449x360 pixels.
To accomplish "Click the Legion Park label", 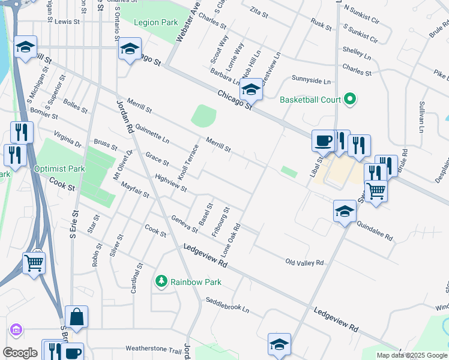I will tap(155, 23).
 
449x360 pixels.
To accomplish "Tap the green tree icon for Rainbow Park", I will tap(160, 281).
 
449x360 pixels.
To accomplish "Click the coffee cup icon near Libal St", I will tap(323, 140).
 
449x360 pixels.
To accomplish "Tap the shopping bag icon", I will tap(77, 317).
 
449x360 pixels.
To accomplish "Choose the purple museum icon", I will tap(16, 329).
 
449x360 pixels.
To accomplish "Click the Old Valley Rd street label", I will tap(304, 263).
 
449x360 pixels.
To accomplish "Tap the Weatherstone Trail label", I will tap(153, 349).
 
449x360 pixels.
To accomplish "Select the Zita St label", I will tap(259, 11).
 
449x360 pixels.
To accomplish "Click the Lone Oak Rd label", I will tap(232, 238).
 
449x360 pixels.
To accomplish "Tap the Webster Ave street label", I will tap(186, 25).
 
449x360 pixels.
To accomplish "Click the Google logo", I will tap(20, 353).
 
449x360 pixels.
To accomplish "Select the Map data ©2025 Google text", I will tap(412, 355).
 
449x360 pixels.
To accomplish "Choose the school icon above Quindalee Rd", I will tap(345, 211).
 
